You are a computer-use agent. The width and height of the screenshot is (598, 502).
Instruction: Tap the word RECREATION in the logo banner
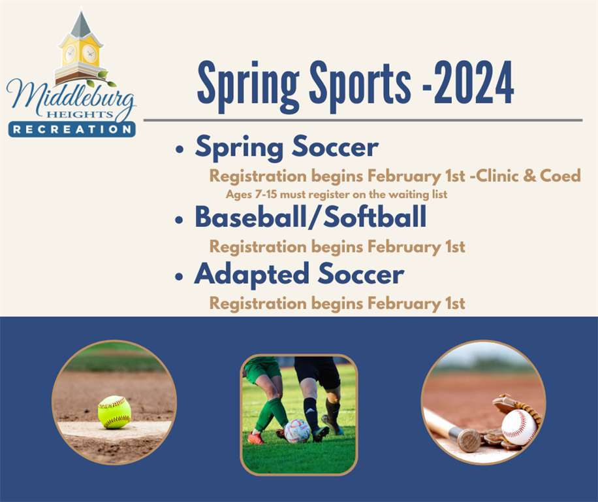72,129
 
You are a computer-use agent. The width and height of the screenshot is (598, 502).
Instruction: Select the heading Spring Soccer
287,148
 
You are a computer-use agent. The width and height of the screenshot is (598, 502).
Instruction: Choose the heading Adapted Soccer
299,275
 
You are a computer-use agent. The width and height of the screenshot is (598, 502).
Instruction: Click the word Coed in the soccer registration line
560,176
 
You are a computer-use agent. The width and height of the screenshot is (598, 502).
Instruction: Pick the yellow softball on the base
114,412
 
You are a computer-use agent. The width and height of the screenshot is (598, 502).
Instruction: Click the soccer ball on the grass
298,431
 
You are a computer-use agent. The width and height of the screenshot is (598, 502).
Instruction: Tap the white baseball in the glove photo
519,427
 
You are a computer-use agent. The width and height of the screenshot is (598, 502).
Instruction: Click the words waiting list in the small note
421,194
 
